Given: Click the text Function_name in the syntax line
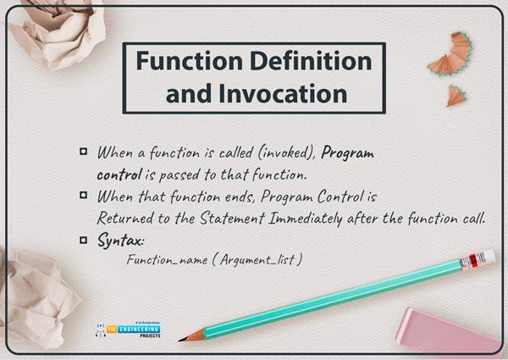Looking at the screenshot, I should (x=165, y=259).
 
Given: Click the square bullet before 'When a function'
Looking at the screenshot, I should (x=83, y=152).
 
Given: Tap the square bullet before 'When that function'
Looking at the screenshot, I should (x=83, y=196).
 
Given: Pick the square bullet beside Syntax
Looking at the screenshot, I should (x=83, y=240).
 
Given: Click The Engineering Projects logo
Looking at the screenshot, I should (x=128, y=328).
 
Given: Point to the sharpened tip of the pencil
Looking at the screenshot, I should (x=183, y=339).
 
